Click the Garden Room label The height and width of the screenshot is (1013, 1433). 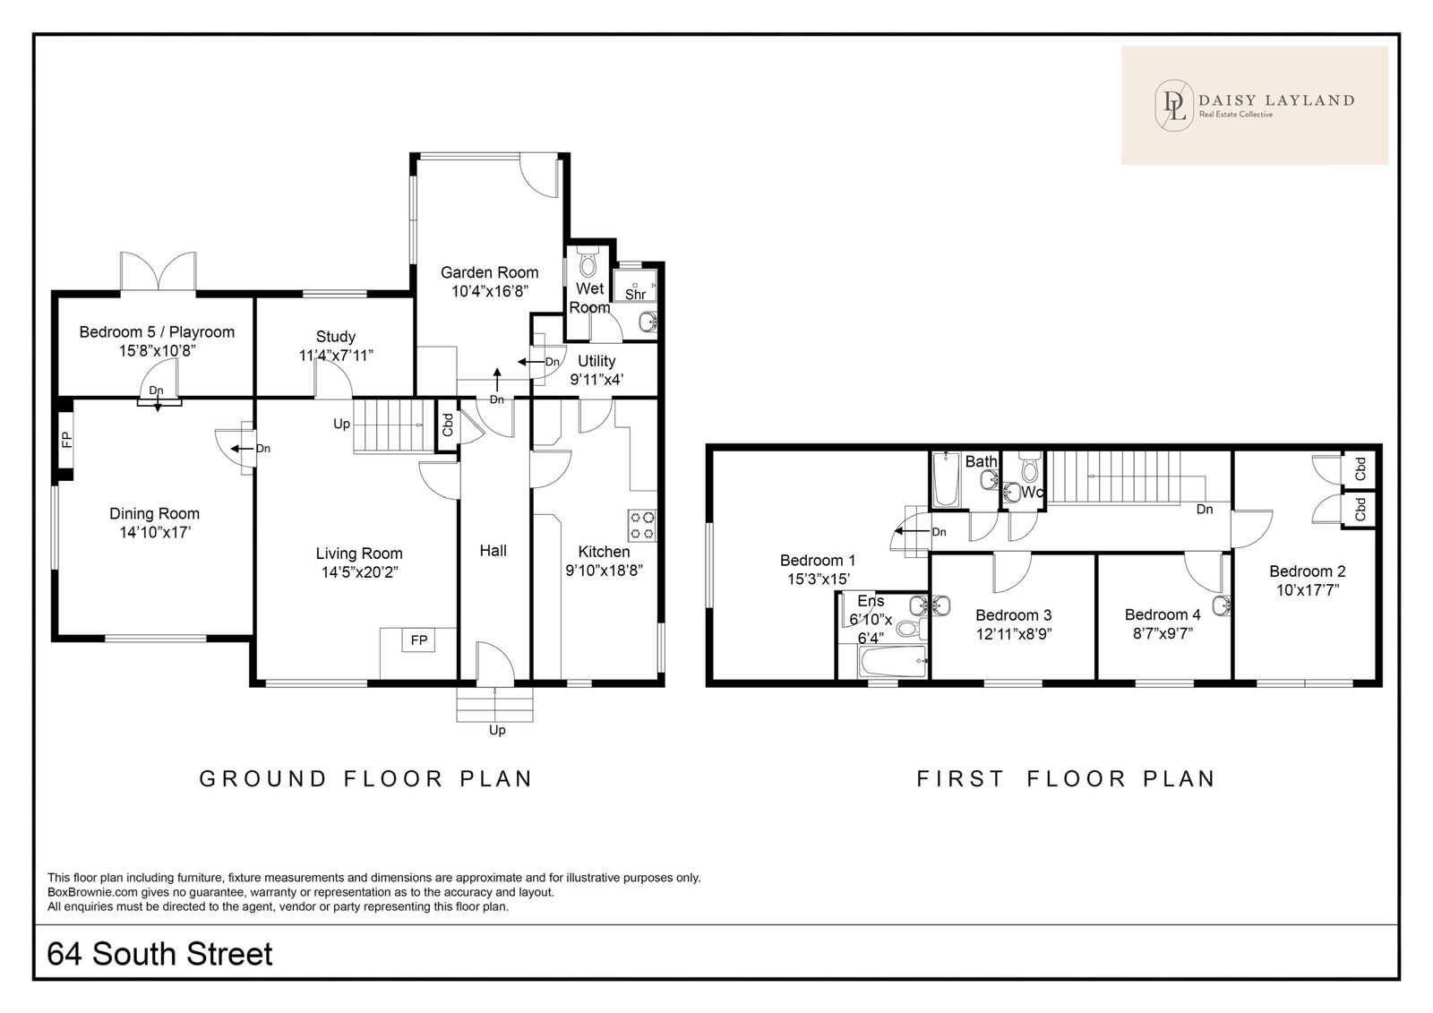489,272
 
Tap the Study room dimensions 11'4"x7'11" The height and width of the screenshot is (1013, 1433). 336,356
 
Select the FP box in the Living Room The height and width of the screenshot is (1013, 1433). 419,640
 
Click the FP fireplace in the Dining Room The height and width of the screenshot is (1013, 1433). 66,440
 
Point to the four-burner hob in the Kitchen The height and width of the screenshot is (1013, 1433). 642,525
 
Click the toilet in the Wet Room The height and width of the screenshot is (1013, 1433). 587,262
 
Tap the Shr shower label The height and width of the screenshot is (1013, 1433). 635,295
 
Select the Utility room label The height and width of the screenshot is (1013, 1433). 596,361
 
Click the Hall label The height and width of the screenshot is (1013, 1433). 493,551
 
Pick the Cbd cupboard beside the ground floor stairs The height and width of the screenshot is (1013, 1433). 447,425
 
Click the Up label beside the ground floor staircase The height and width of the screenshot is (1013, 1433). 341,425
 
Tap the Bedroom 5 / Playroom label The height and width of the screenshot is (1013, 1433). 157,332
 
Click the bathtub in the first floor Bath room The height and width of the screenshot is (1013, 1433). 946,479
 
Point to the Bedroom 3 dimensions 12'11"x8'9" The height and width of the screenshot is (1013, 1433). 1014,634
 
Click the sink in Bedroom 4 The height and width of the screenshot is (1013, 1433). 1222,605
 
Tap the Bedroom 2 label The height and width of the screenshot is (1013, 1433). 1308,571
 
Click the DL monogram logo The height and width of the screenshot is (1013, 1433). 1174,106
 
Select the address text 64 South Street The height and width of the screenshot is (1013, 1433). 160,954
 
